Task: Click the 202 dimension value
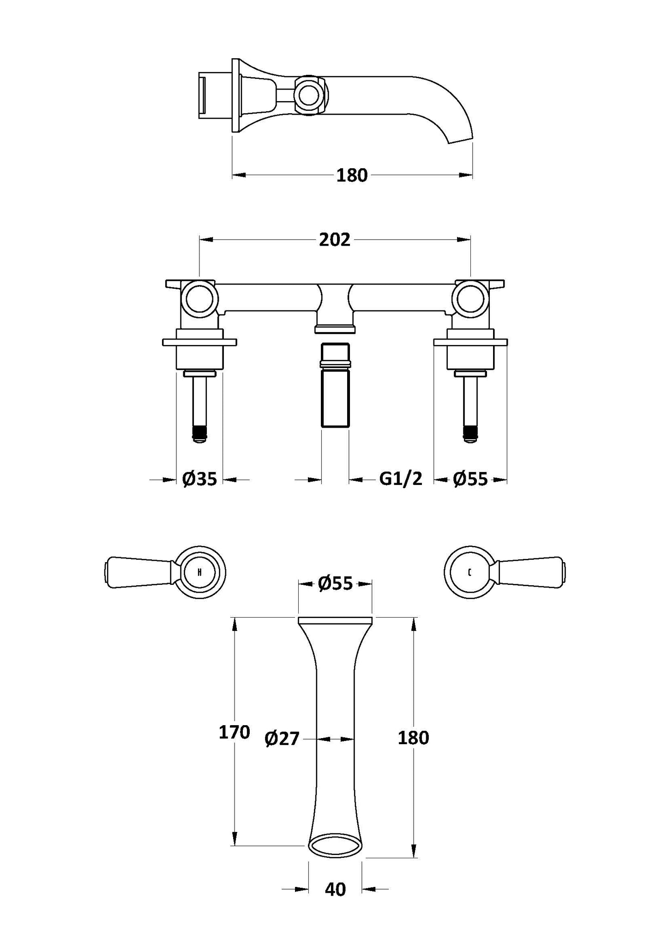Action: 335,240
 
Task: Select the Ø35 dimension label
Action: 199,479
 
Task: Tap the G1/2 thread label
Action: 401,479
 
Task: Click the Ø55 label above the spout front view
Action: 335,583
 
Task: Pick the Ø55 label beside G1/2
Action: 470,479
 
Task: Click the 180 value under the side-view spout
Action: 352,176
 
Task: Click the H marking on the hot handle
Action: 199,572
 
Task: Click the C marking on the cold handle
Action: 469,573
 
